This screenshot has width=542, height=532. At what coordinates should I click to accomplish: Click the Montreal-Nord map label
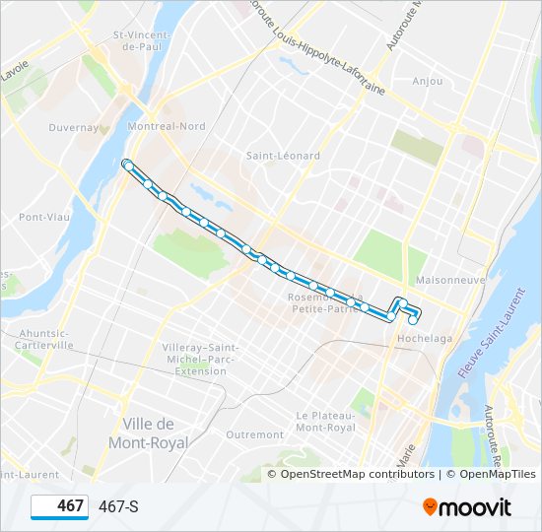coord(166,126)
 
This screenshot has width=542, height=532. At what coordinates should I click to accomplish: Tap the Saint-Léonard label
coord(283,156)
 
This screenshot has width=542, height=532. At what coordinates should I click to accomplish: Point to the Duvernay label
coord(73,128)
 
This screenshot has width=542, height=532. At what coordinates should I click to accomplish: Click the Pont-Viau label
coord(42,217)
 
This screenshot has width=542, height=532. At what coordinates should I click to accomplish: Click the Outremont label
coord(254,434)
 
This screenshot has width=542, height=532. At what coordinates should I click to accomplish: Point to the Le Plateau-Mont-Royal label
coord(325,422)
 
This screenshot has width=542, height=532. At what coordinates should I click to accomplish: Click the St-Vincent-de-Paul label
coord(143,40)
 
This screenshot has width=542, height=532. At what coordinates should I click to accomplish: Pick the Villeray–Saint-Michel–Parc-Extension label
coord(193,360)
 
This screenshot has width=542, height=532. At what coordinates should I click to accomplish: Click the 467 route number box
coord(59,506)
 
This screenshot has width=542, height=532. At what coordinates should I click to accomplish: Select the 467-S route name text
coord(118,507)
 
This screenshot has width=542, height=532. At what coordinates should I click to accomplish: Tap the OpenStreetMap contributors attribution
coord(357,474)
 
